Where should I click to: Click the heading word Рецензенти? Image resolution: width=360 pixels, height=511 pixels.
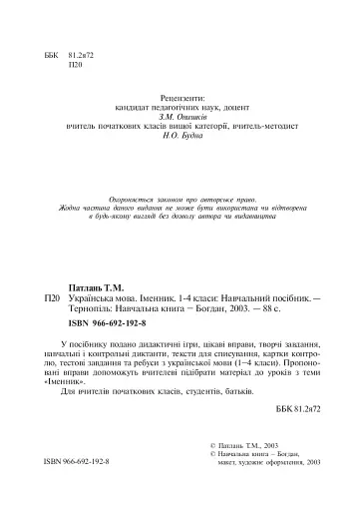coord(181,101)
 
